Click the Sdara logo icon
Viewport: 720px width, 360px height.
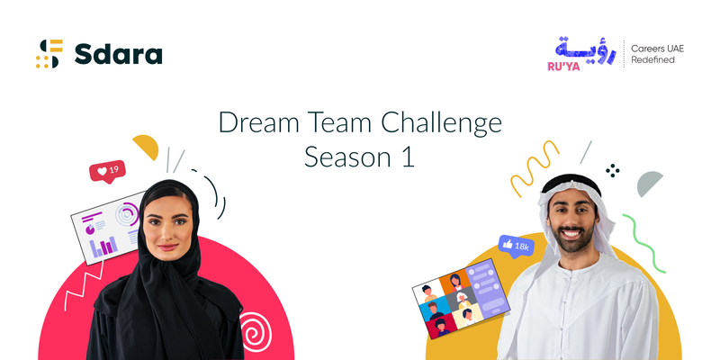tap(49, 54)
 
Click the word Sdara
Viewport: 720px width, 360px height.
tap(119, 54)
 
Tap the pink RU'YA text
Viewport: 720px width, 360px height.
tap(563, 67)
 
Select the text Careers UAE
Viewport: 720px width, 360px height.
tap(657, 49)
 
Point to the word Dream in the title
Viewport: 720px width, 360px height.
tap(259, 123)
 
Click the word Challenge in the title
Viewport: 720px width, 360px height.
tap(441, 124)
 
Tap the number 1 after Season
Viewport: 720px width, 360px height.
tap(408, 157)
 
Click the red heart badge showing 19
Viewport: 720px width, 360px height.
tap(107, 172)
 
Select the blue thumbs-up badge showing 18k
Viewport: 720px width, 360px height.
tap(516, 246)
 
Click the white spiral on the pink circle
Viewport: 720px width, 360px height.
tap(256, 332)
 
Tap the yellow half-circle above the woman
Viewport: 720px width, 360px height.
tap(147, 146)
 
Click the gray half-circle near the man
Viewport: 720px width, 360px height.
tap(649, 183)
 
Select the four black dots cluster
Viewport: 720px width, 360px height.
tap(613, 170)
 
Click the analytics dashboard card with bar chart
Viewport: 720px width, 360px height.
tap(107, 229)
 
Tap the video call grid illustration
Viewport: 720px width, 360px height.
tap(461, 299)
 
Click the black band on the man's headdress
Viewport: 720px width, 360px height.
tap(571, 183)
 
